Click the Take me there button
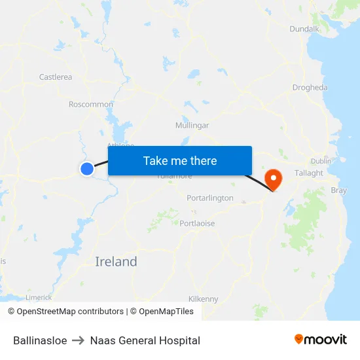tap(180, 160)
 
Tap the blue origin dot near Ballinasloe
tap(87, 169)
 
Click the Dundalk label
tap(304, 29)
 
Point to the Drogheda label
tap(310, 88)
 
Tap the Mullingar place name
tap(192, 125)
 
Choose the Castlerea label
tap(56, 77)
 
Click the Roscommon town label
tap(91, 104)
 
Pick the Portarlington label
tap(210, 198)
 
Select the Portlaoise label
tap(197, 223)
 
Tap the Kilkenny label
tap(204, 299)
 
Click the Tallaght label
tap(309, 173)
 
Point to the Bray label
tap(339, 190)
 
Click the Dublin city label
tap(321, 161)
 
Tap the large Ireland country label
tap(117, 262)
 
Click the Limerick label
tap(39, 297)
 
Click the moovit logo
tap(321, 340)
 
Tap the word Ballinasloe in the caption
tap(40, 340)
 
